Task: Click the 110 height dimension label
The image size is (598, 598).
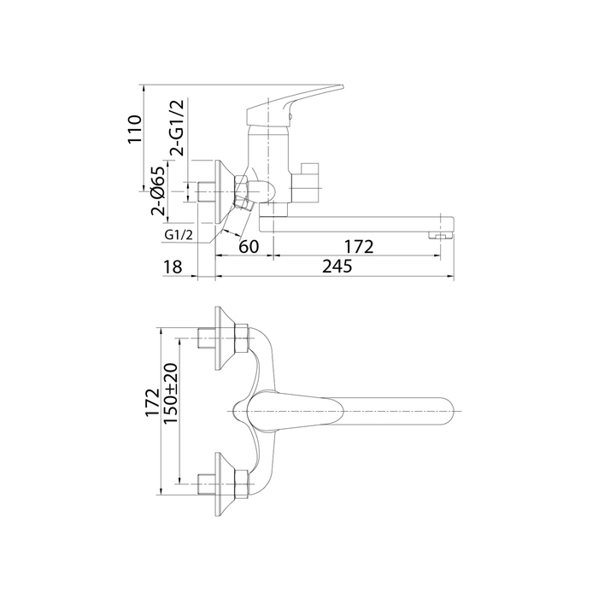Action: [x=135, y=129]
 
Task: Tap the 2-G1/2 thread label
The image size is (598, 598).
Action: [x=177, y=128]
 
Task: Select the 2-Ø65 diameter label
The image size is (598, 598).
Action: [x=159, y=191]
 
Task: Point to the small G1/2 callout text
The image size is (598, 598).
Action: [x=179, y=235]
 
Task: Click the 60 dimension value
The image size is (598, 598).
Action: [x=249, y=247]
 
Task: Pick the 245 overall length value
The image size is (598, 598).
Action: [x=337, y=267]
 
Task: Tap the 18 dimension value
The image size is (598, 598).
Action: [x=173, y=267]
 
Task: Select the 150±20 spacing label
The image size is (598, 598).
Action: [x=170, y=394]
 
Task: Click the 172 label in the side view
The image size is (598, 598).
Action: [x=359, y=247]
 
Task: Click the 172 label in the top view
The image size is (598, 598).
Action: [x=152, y=402]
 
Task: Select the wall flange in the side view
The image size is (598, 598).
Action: [x=222, y=192]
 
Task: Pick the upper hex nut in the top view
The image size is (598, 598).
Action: [x=242, y=338]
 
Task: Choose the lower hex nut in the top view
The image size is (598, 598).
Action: [x=242, y=484]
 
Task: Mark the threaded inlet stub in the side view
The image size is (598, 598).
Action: [x=207, y=192]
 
